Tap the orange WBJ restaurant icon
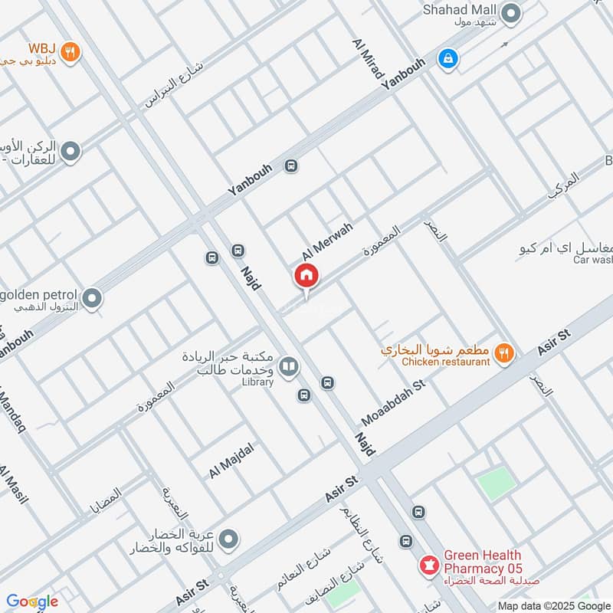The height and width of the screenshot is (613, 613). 70,51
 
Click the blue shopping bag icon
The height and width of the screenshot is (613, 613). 446,57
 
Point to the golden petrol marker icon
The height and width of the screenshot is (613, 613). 92,299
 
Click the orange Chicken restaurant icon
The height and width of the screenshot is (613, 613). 503,352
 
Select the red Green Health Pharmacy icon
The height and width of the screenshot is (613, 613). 428,567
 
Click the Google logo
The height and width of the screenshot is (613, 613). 31,602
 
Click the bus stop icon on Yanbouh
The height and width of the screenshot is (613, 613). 291,166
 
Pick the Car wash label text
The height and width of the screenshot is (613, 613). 593,260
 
